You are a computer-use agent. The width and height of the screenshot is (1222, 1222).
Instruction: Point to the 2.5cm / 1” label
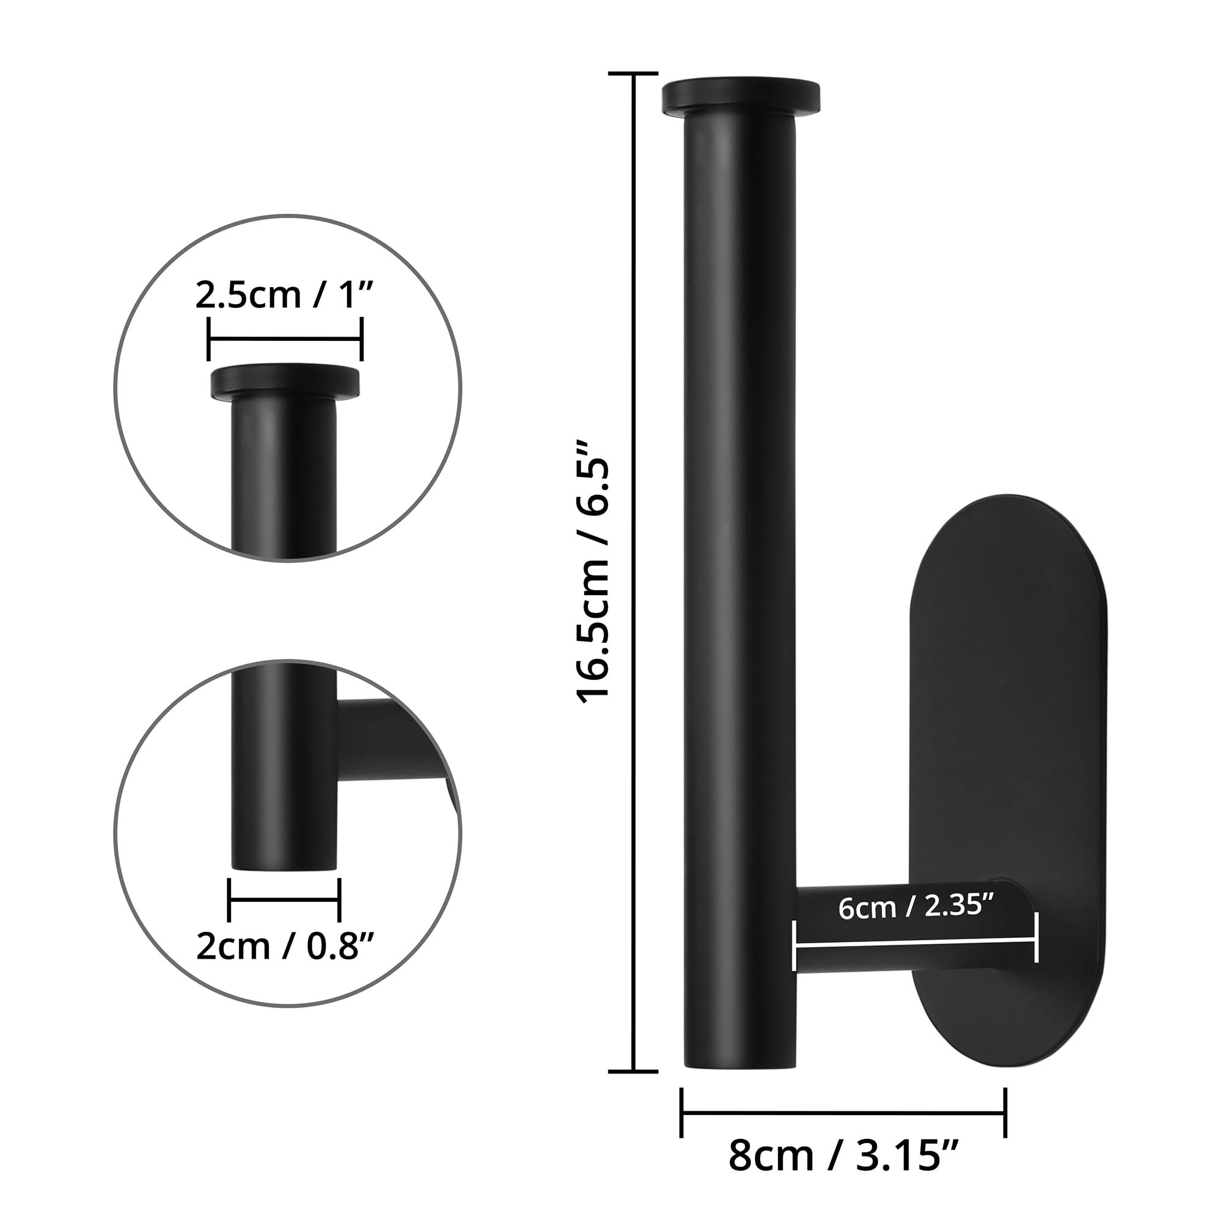click(x=285, y=295)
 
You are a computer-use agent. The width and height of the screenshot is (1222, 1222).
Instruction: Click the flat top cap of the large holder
click(x=741, y=97)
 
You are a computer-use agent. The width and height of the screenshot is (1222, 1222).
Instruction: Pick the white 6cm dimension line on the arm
click(x=916, y=946)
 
